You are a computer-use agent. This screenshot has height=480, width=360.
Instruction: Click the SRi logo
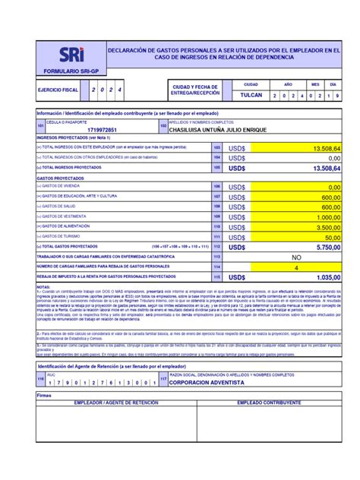(x=71, y=55)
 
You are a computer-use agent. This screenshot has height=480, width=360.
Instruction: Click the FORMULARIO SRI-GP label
(x=71, y=71)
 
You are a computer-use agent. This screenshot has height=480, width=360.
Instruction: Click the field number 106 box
(x=216, y=186)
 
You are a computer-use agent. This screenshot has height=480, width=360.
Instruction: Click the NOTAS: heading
(x=45, y=286)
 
